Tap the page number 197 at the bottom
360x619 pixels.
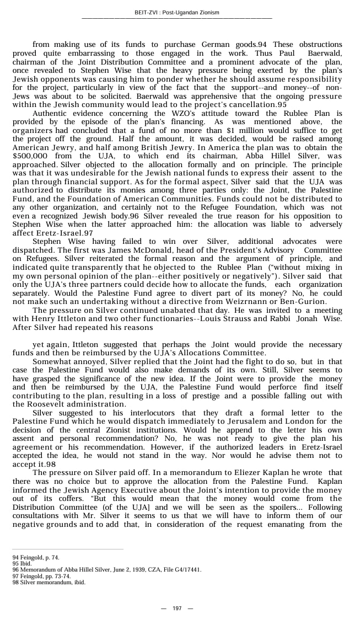[177, 608]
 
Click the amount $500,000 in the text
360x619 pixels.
[33, 156]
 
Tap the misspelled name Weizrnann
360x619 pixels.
[266, 302]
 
